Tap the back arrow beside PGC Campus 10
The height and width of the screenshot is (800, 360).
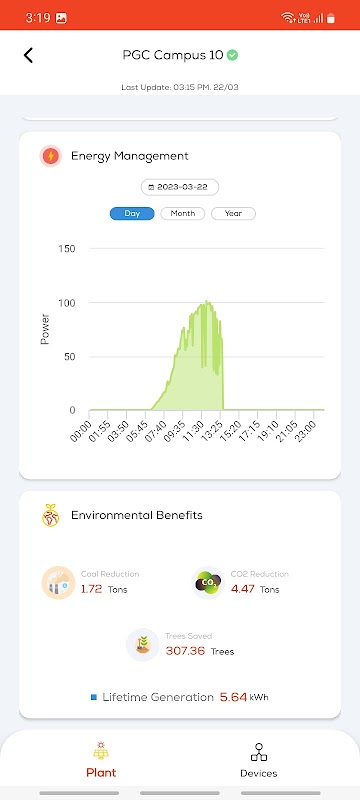28,55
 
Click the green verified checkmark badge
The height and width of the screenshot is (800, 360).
233,55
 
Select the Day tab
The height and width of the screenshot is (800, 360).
132,213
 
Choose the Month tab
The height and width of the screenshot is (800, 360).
183,213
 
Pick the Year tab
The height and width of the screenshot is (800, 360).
234,213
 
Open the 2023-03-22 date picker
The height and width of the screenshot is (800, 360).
180,187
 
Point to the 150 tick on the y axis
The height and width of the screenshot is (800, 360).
67,248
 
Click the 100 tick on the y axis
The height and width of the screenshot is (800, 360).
67,303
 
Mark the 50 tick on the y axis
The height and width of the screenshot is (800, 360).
69,356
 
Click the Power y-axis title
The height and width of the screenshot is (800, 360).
45,329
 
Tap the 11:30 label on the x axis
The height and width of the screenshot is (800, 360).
194,431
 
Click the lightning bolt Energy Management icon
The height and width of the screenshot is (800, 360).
50,156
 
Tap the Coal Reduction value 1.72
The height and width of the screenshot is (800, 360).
92,589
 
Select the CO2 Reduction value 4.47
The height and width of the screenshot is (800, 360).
242,589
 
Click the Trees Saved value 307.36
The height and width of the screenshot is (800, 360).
185,651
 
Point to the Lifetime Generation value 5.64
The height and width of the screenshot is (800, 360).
234,697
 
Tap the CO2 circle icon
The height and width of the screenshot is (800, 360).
208,583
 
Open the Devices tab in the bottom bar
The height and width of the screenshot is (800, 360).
259,760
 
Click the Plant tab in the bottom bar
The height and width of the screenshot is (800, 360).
101,760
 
